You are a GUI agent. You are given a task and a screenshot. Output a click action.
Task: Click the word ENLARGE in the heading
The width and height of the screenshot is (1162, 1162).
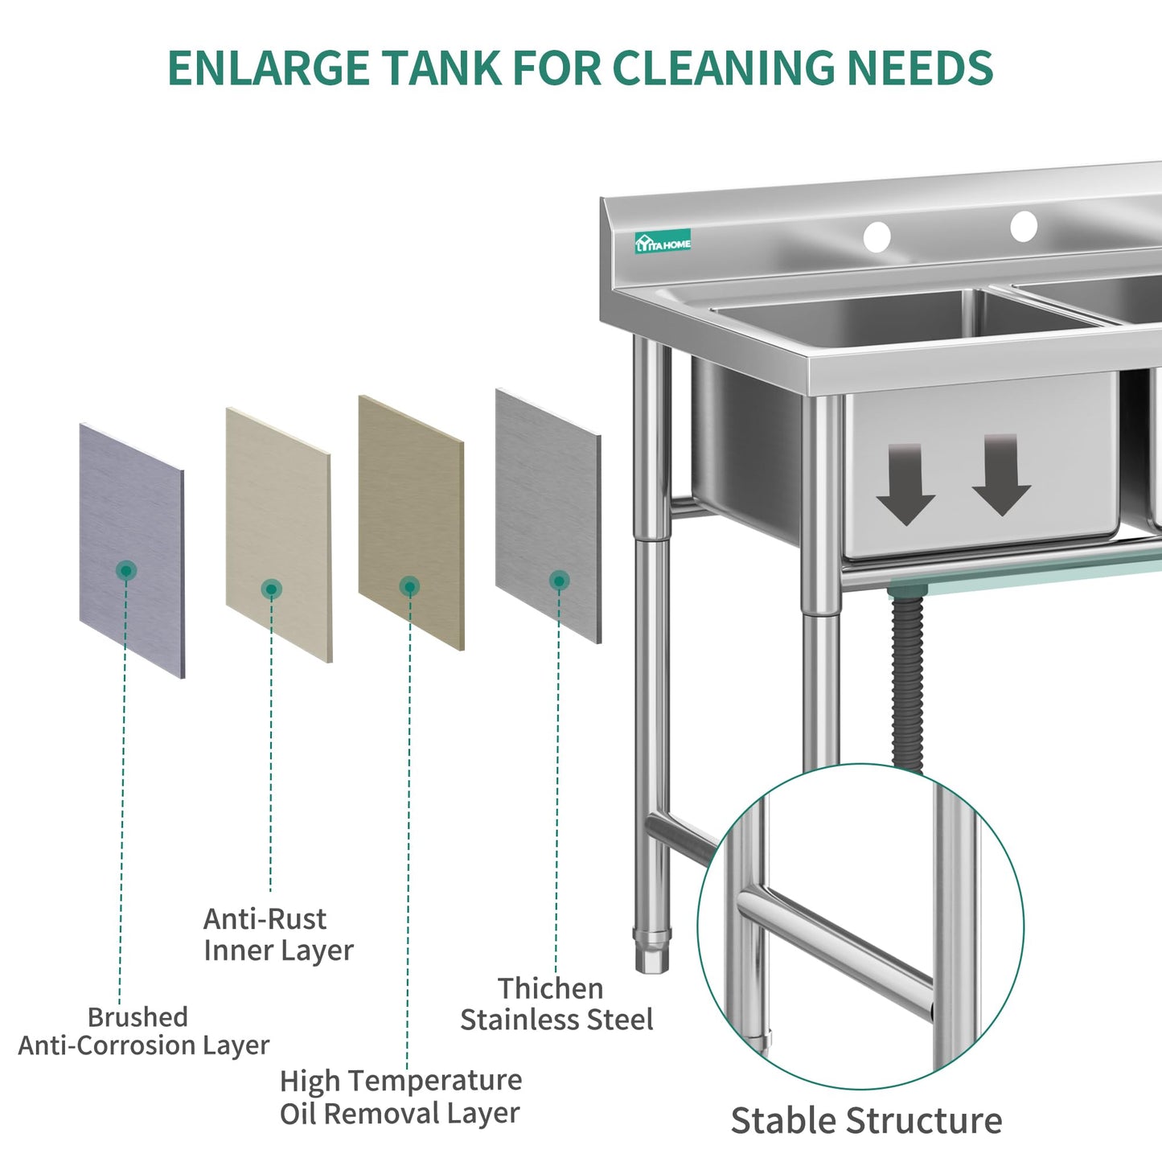point(269,68)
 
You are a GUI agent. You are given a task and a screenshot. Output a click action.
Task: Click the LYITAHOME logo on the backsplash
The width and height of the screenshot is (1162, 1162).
point(663,242)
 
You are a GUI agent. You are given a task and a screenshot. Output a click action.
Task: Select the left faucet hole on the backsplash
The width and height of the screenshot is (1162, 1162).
point(877,237)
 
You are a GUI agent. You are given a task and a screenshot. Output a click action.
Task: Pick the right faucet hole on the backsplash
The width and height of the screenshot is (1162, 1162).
point(1024,226)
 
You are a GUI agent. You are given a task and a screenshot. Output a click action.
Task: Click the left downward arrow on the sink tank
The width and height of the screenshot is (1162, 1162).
point(905,483)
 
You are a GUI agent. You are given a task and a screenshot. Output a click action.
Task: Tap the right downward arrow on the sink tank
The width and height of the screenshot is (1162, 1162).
point(1002,474)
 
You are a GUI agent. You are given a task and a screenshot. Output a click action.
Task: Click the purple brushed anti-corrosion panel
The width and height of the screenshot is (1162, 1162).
point(132,551)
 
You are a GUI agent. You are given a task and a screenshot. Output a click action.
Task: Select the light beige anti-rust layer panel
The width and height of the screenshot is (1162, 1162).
point(278,535)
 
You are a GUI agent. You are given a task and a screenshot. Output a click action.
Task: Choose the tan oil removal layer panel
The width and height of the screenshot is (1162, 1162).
point(411,523)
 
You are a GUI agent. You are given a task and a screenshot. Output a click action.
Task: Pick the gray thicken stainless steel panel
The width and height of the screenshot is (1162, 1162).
point(548,516)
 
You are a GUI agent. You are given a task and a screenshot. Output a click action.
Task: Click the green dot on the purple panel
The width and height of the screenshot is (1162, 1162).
point(126,570)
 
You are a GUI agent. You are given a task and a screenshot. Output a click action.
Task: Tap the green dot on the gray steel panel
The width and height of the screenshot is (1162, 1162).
point(559,581)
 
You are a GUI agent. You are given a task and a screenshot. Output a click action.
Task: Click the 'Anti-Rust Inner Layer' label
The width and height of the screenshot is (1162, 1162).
point(278,935)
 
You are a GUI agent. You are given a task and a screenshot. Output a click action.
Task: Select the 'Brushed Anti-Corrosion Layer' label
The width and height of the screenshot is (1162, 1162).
point(143,1031)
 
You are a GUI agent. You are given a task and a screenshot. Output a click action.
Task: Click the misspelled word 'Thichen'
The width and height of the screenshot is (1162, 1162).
point(551,988)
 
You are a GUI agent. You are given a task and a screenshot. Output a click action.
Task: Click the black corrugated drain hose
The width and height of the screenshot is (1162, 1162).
point(908,681)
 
